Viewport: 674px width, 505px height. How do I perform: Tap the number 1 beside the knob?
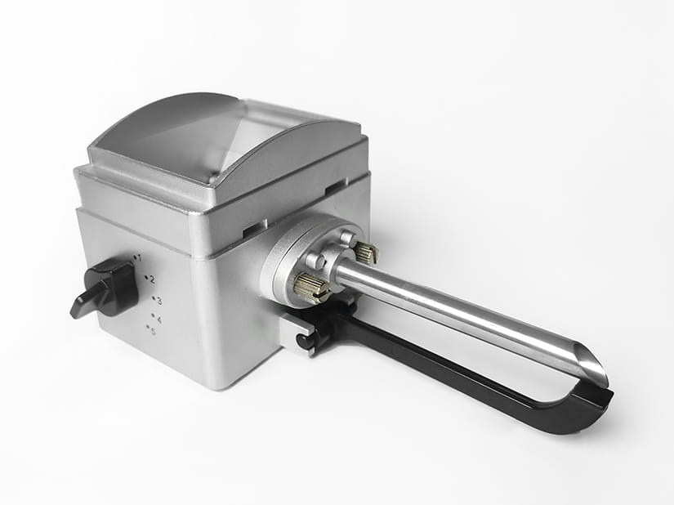pos(140,259)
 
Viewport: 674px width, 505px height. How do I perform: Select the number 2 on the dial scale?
pos(152,280)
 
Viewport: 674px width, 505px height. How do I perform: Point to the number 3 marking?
pos(159,301)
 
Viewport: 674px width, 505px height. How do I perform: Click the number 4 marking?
pos(159,320)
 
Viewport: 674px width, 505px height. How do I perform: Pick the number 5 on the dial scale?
pos(154,332)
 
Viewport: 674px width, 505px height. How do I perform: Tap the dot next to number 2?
pos(146,277)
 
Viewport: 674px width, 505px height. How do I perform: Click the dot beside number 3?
pos(154,297)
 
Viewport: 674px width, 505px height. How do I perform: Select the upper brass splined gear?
pos(366,252)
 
